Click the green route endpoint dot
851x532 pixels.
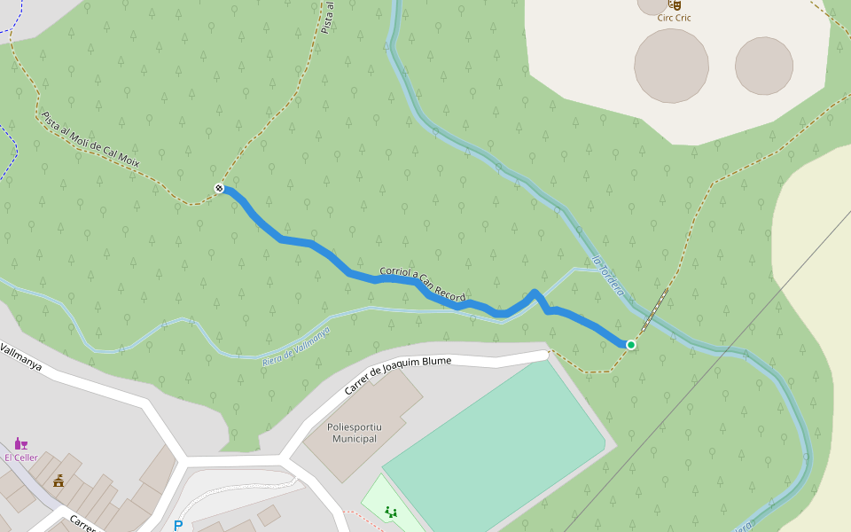coord(631,344)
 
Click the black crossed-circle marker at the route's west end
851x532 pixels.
coord(219,187)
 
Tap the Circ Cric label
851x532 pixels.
coord(674,18)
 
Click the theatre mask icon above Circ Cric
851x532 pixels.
coord(674,4)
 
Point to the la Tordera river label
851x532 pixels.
coord(607,277)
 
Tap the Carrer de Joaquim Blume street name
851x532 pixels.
coord(398,376)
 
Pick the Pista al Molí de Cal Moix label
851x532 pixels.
coord(90,139)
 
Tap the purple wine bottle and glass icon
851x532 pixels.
coord(20,443)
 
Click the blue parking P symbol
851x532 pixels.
coord(178,526)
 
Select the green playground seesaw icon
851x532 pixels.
coord(390,512)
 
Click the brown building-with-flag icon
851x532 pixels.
coord(59,481)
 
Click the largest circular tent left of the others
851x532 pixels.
coord(671,65)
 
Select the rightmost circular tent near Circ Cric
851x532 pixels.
coord(763,66)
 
